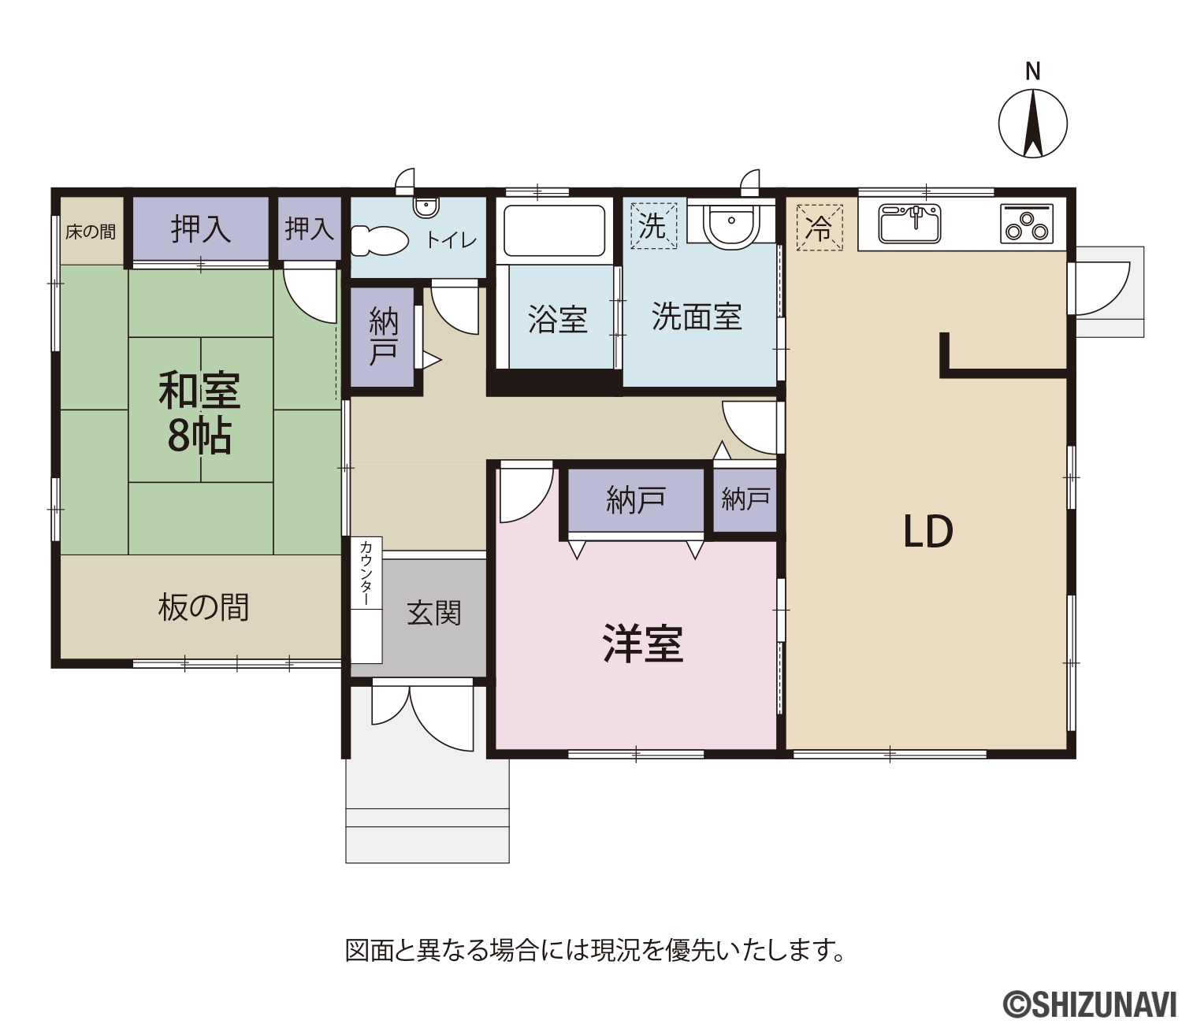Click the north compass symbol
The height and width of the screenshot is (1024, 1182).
click(x=1033, y=124)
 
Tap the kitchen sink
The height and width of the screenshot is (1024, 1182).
click(x=910, y=223)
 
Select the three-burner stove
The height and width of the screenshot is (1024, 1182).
click(x=1027, y=224)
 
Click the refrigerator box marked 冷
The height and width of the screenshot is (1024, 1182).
click(x=820, y=228)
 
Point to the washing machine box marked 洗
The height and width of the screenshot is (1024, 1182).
click(x=653, y=226)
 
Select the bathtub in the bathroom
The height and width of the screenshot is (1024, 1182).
click(x=553, y=231)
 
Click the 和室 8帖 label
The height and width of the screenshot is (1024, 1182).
click(x=199, y=413)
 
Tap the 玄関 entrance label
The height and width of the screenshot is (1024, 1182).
click(x=433, y=614)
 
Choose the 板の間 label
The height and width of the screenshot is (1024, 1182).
click(x=203, y=607)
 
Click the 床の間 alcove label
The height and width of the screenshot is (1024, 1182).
click(x=91, y=232)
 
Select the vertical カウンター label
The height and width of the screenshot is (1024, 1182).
click(x=366, y=573)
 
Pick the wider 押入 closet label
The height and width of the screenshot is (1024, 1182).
click(x=201, y=229)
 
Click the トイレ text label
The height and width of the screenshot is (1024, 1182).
click(x=452, y=241)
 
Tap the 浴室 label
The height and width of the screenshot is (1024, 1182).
click(x=558, y=319)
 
